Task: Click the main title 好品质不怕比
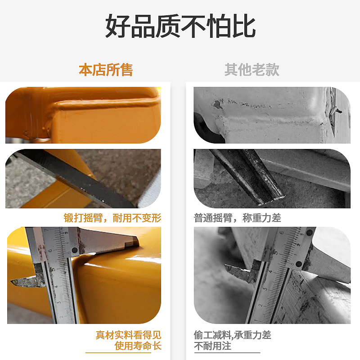coord(180,26)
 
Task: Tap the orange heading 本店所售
coord(106,70)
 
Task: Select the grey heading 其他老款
coord(252,70)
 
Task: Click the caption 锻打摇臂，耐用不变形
coord(112,218)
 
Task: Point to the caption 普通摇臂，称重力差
coord(238,218)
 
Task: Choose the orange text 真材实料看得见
coord(129,335)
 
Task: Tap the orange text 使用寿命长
coord(138,346)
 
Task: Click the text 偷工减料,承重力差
coord(232,335)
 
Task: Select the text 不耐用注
coord(212,346)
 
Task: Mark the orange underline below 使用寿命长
coord(118,353)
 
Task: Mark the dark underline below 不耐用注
coord(227,353)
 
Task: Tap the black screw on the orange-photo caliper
coord(74,250)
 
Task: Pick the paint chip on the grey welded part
coord(218,104)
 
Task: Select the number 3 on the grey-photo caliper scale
coord(265,289)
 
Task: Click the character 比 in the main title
coord(243,26)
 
